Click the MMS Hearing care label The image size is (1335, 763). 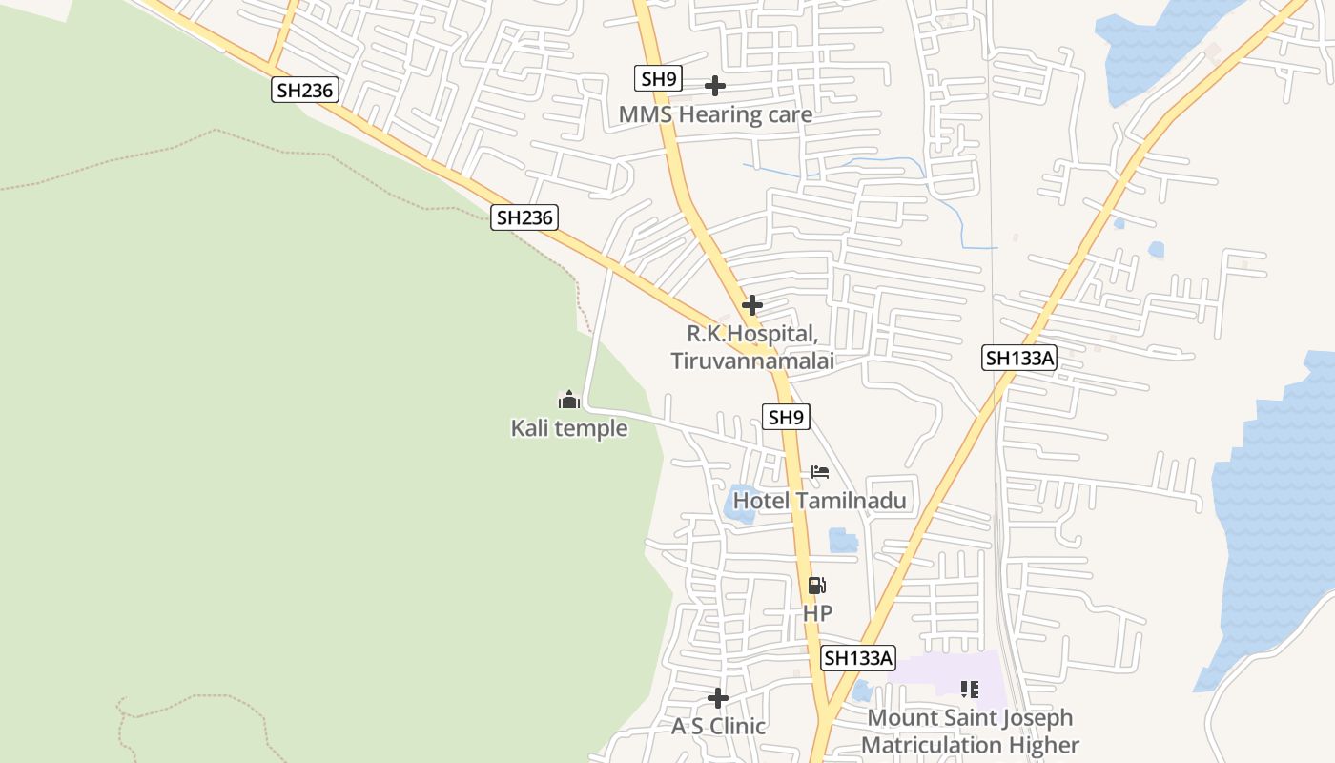[715, 115]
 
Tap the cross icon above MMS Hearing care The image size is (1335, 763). [714, 86]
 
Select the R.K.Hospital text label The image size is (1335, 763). [752, 335]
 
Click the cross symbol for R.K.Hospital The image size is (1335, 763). [752, 305]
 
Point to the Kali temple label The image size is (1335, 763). [569, 428]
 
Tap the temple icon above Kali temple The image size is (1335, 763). [569, 400]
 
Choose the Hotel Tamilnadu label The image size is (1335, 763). [819, 501]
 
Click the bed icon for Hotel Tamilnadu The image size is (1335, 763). [820, 471]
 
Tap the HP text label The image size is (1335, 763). [817, 613]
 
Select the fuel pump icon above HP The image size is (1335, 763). [816, 586]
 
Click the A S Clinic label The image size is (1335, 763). [718, 727]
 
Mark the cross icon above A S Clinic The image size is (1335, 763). [718, 698]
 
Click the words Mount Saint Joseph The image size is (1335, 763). [970, 718]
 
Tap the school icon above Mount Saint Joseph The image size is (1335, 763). [970, 689]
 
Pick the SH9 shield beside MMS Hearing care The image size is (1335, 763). [658, 78]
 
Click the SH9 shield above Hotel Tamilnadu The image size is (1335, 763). [787, 417]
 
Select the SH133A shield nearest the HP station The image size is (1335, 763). [858, 658]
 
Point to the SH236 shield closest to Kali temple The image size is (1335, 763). [524, 217]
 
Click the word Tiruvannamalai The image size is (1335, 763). [752, 361]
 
